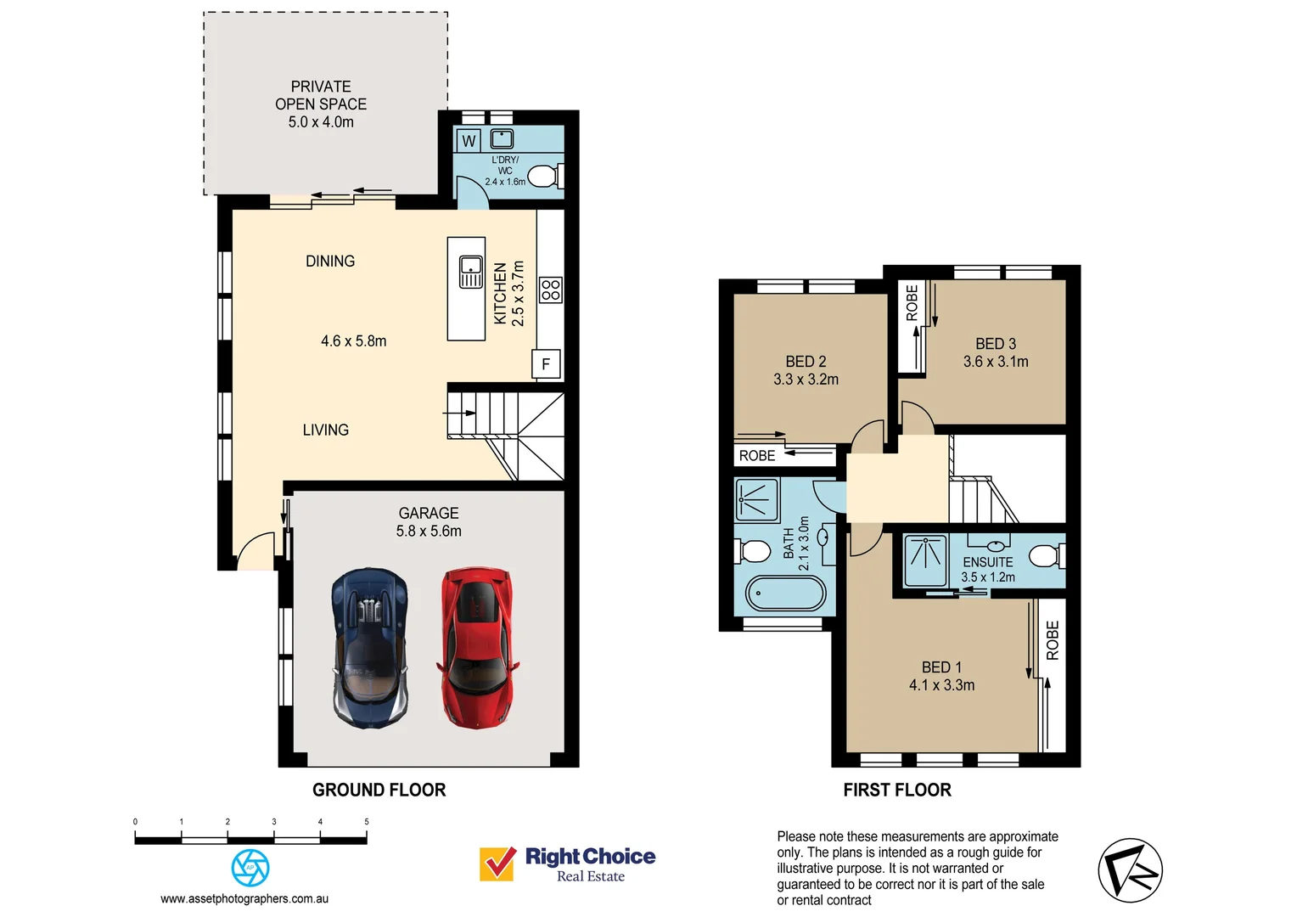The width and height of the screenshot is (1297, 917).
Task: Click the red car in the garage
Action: pos(476,648)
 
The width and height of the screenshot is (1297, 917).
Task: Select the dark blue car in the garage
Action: pos(370,648)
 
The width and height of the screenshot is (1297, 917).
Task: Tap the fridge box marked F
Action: pos(546,364)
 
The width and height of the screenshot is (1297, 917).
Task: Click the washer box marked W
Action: pos(469,141)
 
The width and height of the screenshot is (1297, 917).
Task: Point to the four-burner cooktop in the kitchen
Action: pos(551,290)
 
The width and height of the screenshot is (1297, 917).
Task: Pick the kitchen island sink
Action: pos(470,272)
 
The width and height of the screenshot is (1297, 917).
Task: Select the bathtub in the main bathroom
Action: pos(785,594)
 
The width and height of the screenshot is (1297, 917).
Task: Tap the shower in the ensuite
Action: pos(924,560)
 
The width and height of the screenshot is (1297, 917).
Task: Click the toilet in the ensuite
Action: pos(1045,556)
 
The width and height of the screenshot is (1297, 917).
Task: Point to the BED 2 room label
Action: pos(806,362)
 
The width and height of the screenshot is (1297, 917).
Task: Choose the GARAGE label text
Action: pos(429,513)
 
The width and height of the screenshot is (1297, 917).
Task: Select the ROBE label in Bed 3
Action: pos(912,303)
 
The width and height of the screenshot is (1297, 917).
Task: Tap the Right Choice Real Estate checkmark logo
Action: pos(497,864)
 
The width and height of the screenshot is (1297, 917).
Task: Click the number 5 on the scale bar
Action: pos(367,822)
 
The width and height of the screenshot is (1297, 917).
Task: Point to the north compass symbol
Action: pos(1130,870)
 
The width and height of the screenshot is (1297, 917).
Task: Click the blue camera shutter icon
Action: pos(250,868)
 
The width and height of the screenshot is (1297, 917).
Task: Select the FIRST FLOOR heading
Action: pos(897,790)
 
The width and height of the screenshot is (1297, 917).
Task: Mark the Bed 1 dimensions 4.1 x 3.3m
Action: pos(941,685)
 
